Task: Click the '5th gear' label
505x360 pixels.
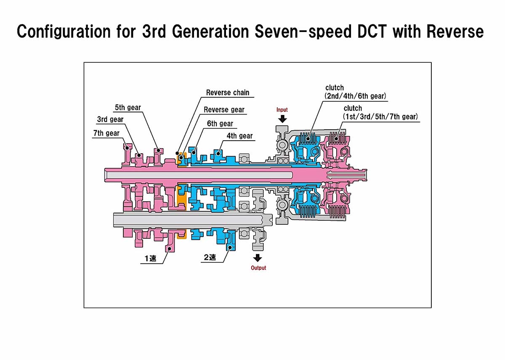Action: click(128, 108)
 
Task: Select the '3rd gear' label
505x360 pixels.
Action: click(110, 119)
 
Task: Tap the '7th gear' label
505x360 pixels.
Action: click(106, 133)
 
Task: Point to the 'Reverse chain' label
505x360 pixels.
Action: click(228, 93)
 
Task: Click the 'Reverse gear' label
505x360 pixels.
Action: click(224, 110)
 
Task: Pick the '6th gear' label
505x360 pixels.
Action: click(220, 124)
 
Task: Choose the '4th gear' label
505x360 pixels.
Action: click(239, 136)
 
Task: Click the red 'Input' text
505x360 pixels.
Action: click(282, 110)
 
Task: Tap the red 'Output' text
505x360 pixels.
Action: click(258, 268)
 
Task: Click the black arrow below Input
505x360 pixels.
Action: click(282, 119)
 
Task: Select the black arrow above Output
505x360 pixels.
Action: click(258, 258)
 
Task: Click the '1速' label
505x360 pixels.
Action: click(150, 258)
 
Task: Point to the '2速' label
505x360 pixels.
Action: click(210, 257)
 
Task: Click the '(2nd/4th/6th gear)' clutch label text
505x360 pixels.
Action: click(355, 96)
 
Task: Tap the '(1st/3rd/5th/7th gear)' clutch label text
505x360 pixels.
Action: click(380, 117)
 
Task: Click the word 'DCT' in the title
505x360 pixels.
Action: click(372, 31)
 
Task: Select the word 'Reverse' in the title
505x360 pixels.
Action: click(455, 31)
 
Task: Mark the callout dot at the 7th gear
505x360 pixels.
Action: click(128, 148)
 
